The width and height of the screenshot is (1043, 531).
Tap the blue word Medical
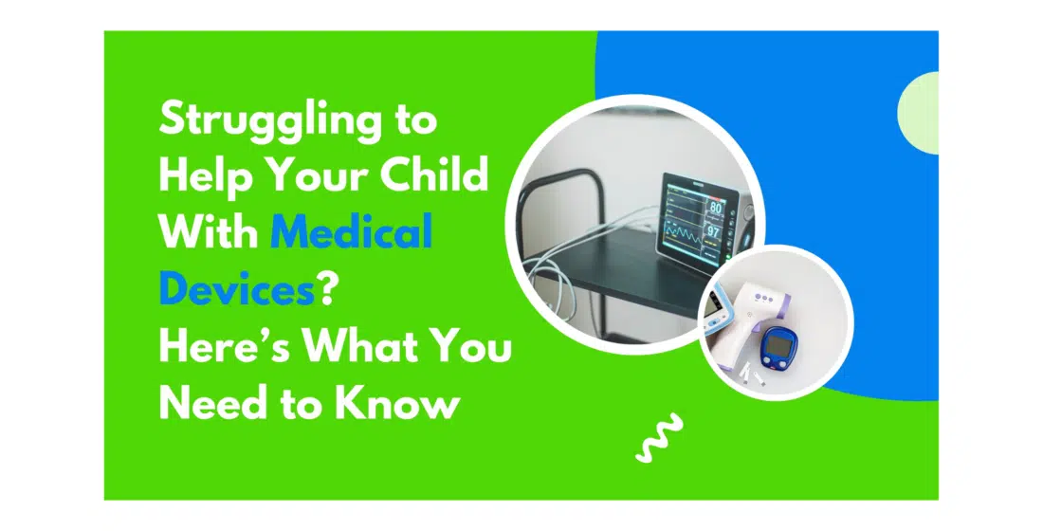351,231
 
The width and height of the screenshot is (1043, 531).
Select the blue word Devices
237,288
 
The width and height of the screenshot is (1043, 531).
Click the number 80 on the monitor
714,208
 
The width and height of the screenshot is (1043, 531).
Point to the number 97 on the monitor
713,232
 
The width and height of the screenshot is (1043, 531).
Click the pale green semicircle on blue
919,113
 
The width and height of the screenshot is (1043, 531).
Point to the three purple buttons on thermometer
763,298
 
